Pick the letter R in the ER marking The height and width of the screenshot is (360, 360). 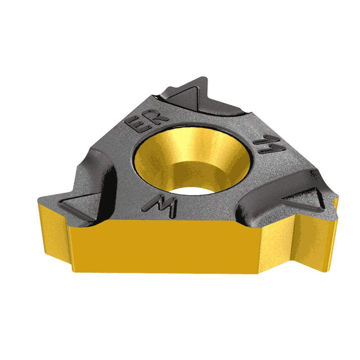pyautogui.click(x=151, y=115)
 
